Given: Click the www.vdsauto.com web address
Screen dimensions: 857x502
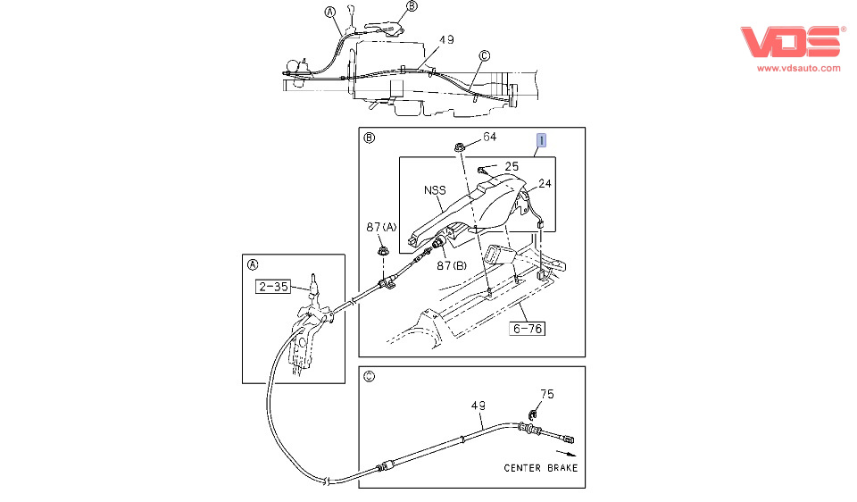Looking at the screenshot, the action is pos(798,69).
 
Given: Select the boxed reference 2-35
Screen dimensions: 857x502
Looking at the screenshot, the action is pos(273,286).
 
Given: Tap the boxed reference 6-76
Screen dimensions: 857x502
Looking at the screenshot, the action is pos(528,328).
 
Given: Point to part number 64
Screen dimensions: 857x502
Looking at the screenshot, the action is pos(489,137).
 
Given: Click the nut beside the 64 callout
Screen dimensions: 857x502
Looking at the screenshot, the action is pos(459,146).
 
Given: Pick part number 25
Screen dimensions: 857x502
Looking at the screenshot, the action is pos(512,166).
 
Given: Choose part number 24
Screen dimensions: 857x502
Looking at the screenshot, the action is pos(545,184).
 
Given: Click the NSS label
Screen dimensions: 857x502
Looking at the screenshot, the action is pos(435,190).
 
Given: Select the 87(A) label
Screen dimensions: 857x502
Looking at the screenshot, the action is pos(381,226).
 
